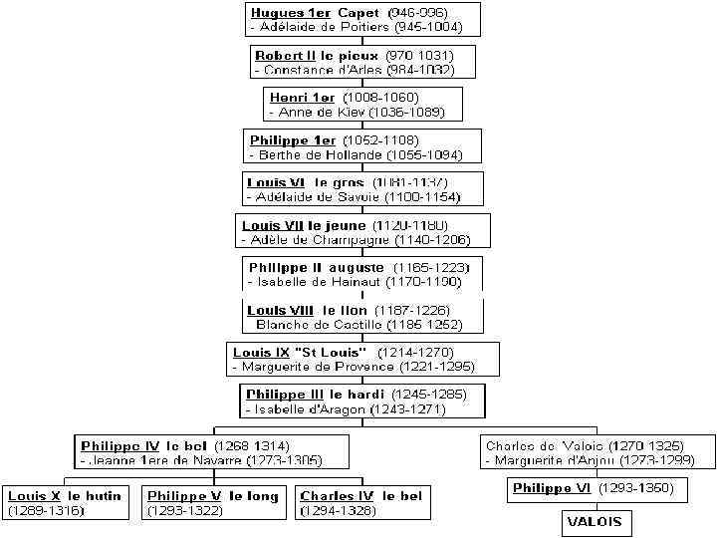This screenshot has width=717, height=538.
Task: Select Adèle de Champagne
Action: [317, 240]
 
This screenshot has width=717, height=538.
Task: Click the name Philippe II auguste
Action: [316, 268]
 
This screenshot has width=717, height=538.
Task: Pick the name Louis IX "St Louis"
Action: [300, 353]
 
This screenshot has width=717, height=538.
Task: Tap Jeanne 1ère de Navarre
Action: [170, 460]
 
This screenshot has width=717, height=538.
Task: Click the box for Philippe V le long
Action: [213, 503]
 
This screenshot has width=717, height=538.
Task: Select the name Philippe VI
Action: [553, 488]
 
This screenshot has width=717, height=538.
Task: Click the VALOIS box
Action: [595, 522]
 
